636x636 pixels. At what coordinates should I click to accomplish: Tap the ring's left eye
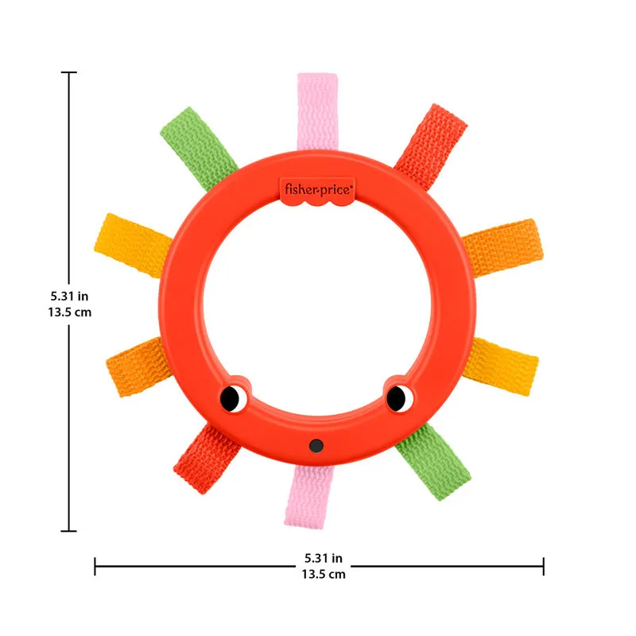[231, 396]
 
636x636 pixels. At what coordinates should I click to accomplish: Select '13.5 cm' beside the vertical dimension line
[70, 312]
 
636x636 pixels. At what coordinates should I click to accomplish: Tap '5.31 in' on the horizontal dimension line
[323, 558]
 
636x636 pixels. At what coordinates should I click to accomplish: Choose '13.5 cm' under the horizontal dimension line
[323, 574]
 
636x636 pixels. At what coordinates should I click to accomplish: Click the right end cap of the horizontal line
[544, 566]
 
